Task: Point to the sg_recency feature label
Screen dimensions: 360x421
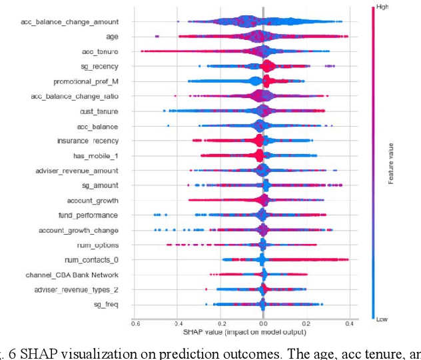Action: [99, 67]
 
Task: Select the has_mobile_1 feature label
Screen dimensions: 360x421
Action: [95, 156]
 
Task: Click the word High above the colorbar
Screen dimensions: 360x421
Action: [380, 7]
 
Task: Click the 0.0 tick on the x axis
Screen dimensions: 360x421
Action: [264, 323]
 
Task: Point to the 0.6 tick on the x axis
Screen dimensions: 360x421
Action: [135, 323]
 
